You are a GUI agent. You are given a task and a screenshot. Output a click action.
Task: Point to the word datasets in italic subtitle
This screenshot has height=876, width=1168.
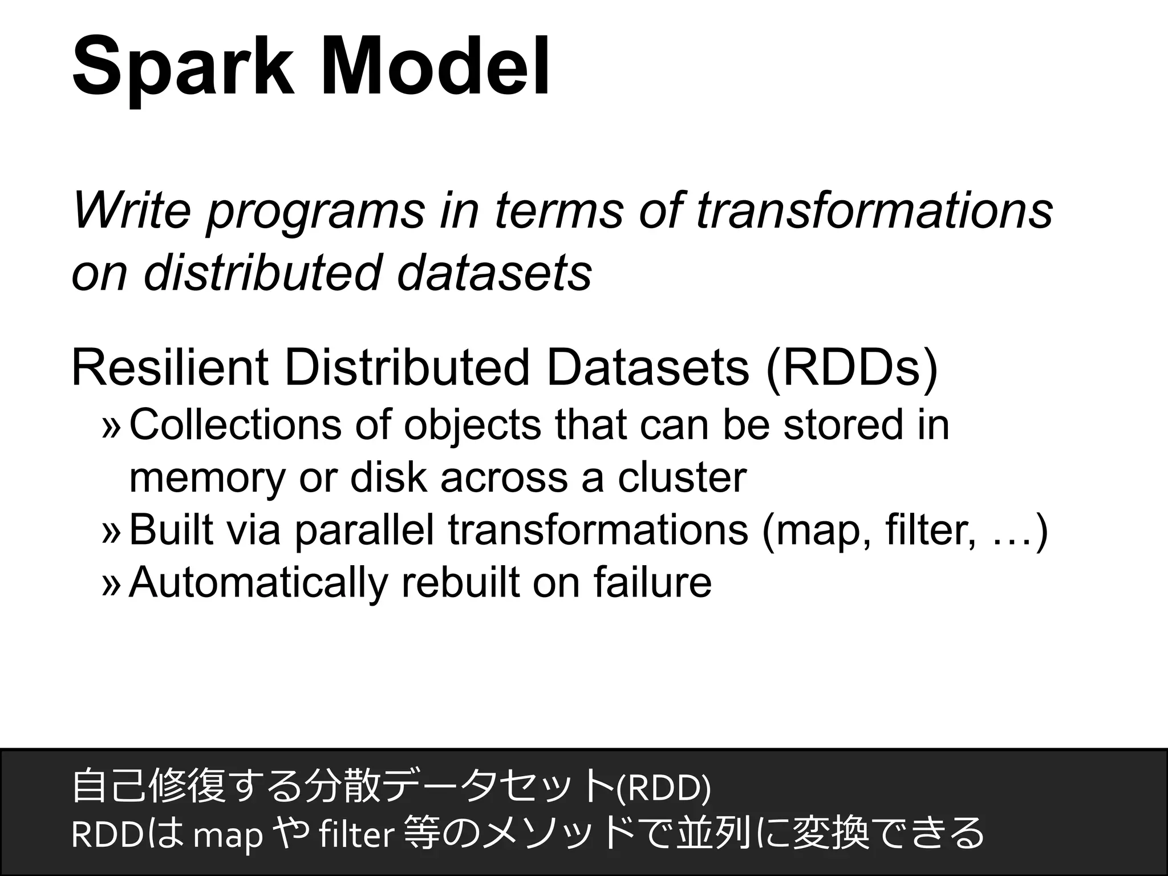point(493,273)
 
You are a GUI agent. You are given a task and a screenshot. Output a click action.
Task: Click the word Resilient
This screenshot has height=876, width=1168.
point(169,368)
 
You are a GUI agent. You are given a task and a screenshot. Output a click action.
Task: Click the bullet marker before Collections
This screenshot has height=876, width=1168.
point(112,427)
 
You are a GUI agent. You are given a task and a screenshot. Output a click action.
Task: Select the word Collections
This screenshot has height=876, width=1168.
point(235,425)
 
